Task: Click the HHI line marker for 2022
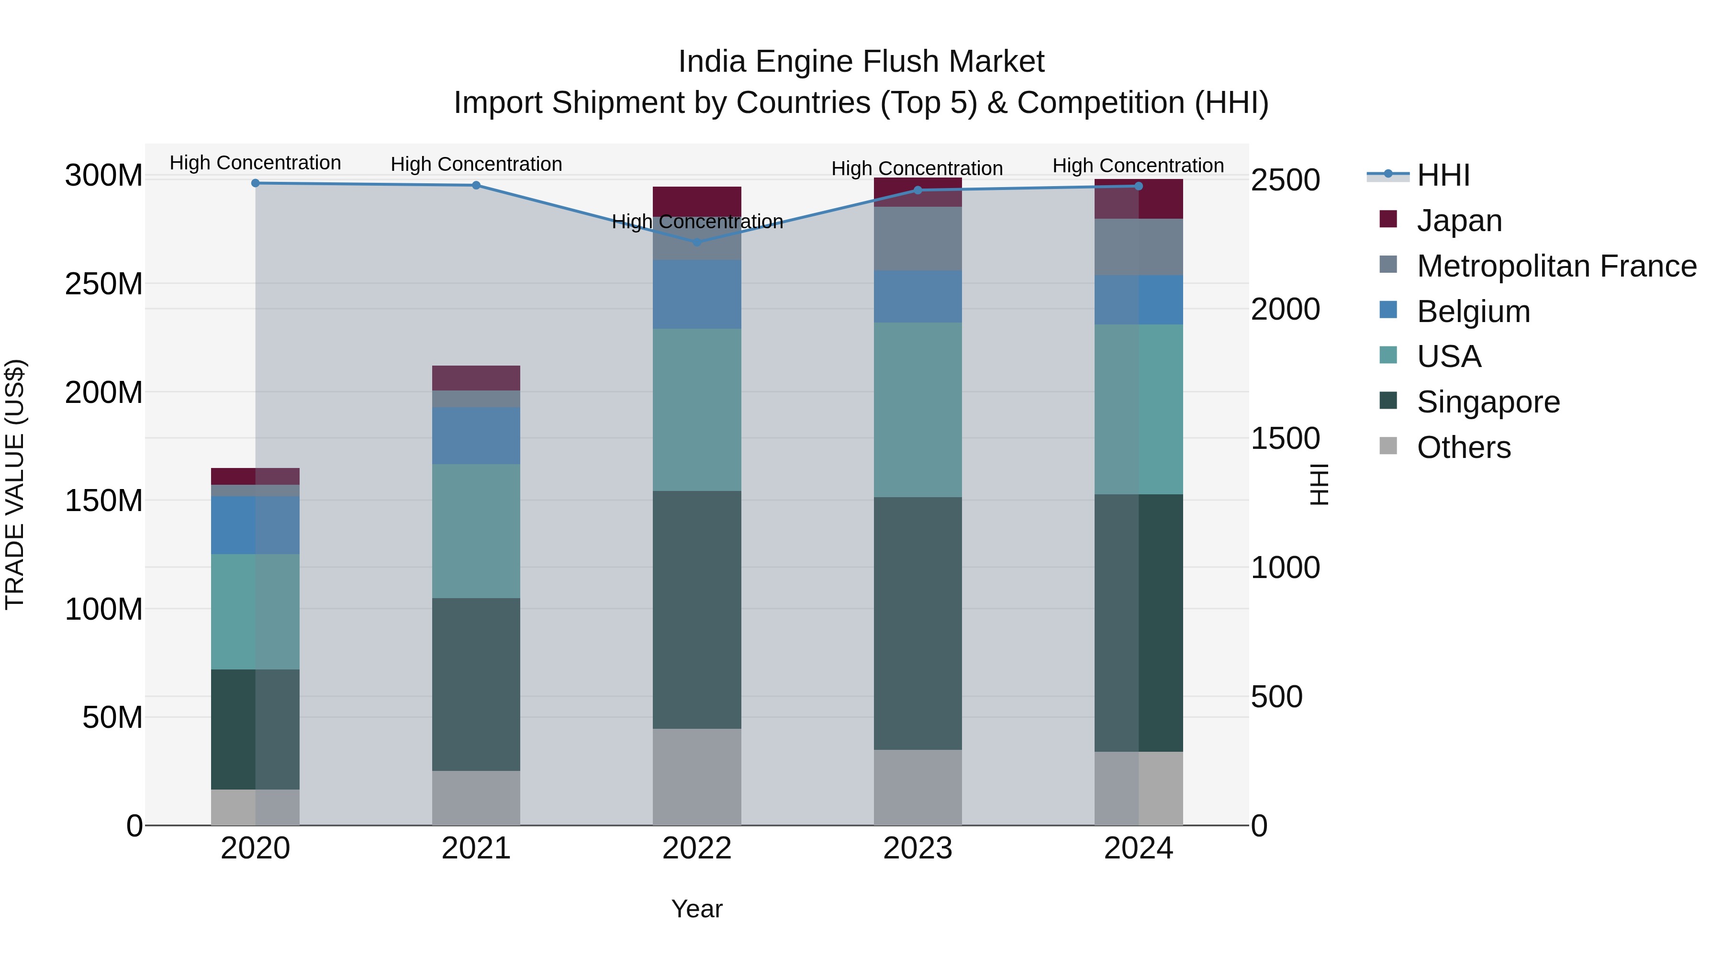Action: coord(696,242)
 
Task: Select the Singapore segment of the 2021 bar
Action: coord(476,684)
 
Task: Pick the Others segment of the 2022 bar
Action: coord(696,777)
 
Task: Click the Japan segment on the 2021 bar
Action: coord(476,378)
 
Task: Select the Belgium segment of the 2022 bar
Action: coord(696,294)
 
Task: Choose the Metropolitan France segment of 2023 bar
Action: coord(917,238)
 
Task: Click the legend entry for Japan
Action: coord(1459,221)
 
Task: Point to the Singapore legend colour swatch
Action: coord(1388,401)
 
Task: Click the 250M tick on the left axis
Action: coord(104,284)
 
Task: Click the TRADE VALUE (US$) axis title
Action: coord(15,484)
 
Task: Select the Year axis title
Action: coord(696,909)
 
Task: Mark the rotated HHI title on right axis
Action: coord(1319,484)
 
